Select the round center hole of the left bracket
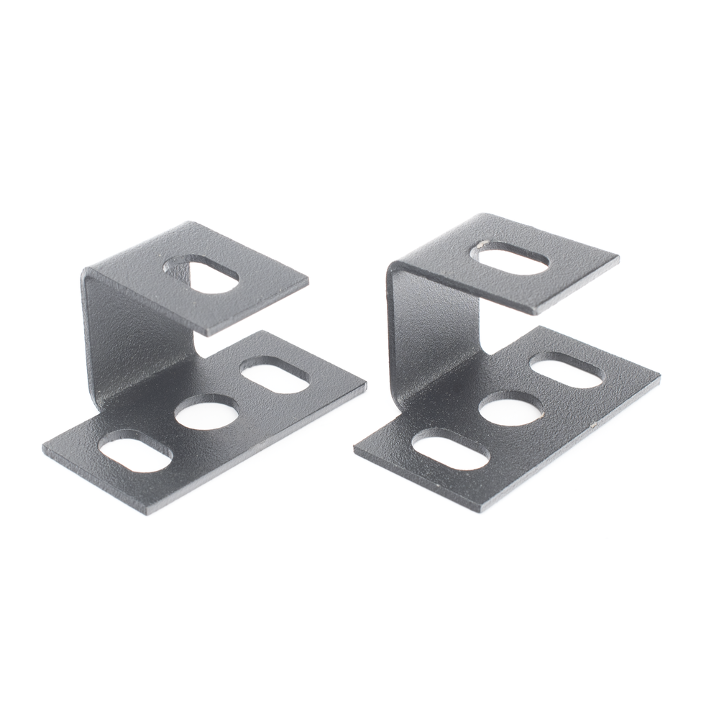206,415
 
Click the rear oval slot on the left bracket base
275,377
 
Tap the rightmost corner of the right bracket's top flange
618,257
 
